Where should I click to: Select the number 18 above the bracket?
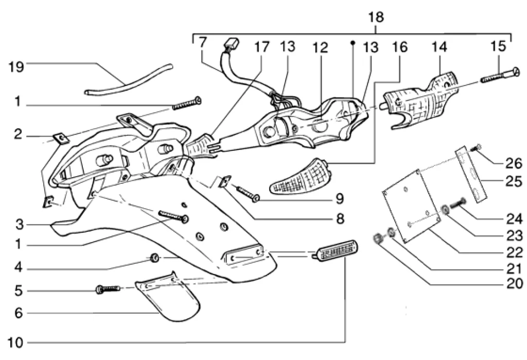click(x=377, y=18)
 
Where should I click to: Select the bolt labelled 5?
click(x=106, y=290)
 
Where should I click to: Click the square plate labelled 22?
click(x=412, y=206)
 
